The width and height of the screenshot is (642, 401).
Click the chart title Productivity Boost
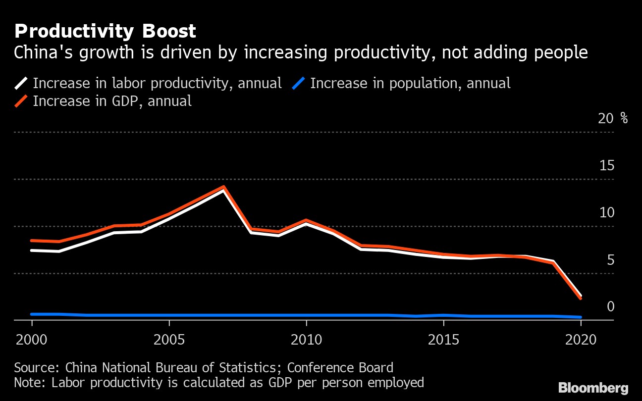click(x=105, y=32)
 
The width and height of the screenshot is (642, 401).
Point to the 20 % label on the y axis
click(x=613, y=119)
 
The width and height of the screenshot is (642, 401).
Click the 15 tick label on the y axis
click(x=607, y=166)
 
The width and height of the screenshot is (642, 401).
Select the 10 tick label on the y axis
click(x=607, y=213)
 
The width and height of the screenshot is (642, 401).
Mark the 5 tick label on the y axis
click(x=610, y=260)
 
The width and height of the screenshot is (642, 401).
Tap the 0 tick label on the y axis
click(x=610, y=307)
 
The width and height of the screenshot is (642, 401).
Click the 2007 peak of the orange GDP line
click(x=224, y=187)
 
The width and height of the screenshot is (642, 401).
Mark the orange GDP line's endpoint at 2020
click(x=581, y=298)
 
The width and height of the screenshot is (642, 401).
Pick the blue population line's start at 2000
click(x=32, y=314)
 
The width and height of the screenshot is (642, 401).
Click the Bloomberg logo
click(x=593, y=388)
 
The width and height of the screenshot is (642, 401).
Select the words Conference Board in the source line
click(x=340, y=368)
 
